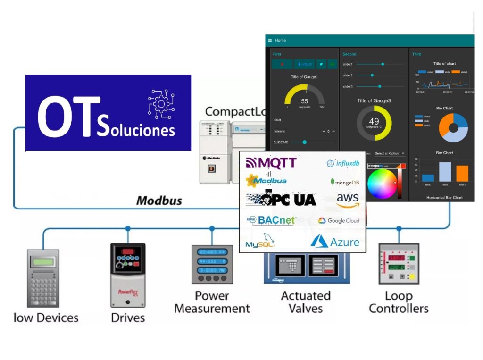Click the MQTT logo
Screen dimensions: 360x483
271,163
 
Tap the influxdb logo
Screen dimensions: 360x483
343,163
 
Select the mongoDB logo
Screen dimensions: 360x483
345,182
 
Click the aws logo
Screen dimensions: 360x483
348,200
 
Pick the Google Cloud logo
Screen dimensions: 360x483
339,220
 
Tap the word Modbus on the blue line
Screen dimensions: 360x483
159,201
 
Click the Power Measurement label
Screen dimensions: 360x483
212,302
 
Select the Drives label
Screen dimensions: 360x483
127,318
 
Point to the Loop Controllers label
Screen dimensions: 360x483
399,302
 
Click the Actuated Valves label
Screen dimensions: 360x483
306,302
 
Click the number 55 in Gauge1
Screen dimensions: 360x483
304,101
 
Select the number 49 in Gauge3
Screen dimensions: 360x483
374,122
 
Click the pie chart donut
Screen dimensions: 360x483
453,128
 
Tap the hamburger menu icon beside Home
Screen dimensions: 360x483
270,41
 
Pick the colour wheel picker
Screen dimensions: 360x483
383,183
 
